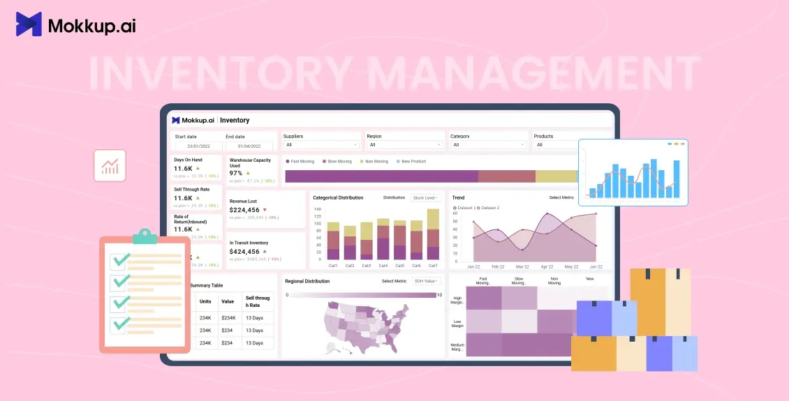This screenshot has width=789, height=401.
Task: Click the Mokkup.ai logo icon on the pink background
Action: [x=29, y=24]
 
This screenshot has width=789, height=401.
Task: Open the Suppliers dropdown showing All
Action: [x=321, y=144]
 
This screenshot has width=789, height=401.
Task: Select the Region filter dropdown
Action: [x=405, y=144]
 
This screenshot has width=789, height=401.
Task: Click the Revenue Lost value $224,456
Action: [x=244, y=210]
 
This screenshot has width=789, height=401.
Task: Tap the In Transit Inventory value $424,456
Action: [x=244, y=252]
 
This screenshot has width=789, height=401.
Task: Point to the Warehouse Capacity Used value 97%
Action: [x=236, y=173]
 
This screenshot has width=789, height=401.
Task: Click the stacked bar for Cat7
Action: [x=433, y=234]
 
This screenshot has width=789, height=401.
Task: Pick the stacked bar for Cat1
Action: [x=333, y=241]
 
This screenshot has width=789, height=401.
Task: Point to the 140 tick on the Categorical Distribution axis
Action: [x=317, y=209]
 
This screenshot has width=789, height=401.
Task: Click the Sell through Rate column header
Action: [x=257, y=301]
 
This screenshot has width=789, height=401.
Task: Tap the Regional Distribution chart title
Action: [x=307, y=281]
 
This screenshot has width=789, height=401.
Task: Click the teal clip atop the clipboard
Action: [x=145, y=236]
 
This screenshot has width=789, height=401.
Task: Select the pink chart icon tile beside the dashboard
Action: [x=110, y=165]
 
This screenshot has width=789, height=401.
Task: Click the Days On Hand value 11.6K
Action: [x=183, y=168]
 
